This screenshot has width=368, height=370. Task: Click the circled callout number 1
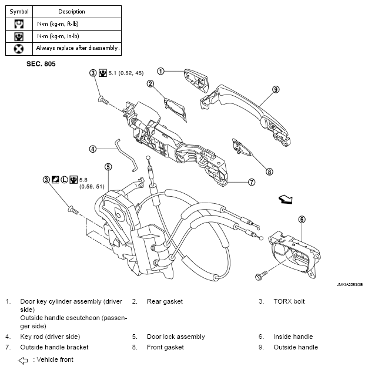click(x=160, y=71)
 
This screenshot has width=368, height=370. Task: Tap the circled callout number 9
click(x=276, y=89)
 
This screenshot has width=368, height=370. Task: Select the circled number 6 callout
click(x=302, y=220)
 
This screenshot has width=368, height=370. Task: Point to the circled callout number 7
click(x=252, y=182)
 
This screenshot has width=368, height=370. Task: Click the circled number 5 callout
click(x=108, y=167)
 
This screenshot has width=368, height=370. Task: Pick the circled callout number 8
click(x=269, y=171)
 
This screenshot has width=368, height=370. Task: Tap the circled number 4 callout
click(x=93, y=149)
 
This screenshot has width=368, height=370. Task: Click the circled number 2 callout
click(x=150, y=84)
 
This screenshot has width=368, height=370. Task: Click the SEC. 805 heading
click(x=41, y=64)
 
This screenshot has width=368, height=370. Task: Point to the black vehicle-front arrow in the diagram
click(x=286, y=199)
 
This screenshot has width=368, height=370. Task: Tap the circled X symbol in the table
click(x=19, y=49)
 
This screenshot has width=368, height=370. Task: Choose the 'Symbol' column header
click(x=19, y=12)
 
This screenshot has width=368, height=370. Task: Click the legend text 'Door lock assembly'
click(x=176, y=337)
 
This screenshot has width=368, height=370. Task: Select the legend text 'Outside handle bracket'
click(x=54, y=347)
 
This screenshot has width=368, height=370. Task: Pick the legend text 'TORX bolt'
click(x=289, y=301)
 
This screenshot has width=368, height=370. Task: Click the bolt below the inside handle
click(x=261, y=275)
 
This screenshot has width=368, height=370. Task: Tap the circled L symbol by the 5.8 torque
click(x=64, y=180)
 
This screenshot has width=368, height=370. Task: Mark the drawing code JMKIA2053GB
click(x=350, y=285)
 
